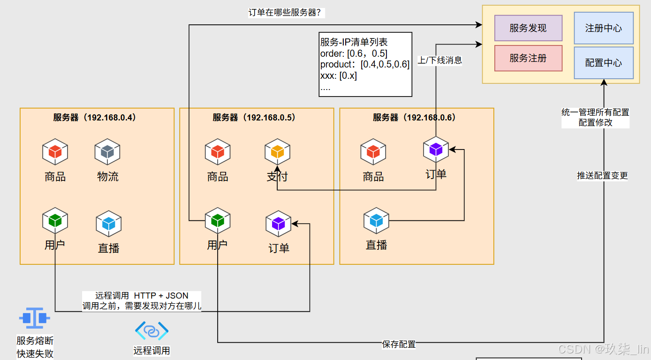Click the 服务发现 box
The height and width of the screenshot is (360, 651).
pyautogui.click(x=528, y=28)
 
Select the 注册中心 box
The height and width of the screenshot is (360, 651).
pyautogui.click(x=604, y=28)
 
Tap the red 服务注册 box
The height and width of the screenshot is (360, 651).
pyautogui.click(x=528, y=58)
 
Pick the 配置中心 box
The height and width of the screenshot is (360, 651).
pyautogui.click(x=604, y=62)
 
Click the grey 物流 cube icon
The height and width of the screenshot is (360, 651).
pyautogui.click(x=107, y=151)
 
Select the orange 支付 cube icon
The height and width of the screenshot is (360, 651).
pyautogui.click(x=277, y=151)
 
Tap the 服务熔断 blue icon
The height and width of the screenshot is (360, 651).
pyautogui.click(x=34, y=318)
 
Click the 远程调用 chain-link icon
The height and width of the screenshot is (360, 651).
pyautogui.click(x=151, y=330)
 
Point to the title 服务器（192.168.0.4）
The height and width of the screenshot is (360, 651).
pyautogui.click(x=95, y=117)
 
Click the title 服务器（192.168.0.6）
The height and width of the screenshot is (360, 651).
pyautogui.click(x=414, y=117)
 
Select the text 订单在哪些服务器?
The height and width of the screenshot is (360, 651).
pyautogui.click(x=285, y=13)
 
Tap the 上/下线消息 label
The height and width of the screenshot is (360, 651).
pyautogui.click(x=440, y=60)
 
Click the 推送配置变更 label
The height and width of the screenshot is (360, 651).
pyautogui.click(x=602, y=175)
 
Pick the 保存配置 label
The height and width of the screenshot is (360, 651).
pyautogui.click(x=399, y=344)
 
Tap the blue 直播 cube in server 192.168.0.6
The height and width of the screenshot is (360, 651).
pyautogui.click(x=376, y=221)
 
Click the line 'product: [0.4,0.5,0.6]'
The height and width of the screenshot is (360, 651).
pyautogui.click(x=365, y=64)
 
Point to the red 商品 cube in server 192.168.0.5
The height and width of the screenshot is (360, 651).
pyautogui.click(x=217, y=151)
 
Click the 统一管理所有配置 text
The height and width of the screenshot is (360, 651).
pyautogui.click(x=595, y=112)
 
